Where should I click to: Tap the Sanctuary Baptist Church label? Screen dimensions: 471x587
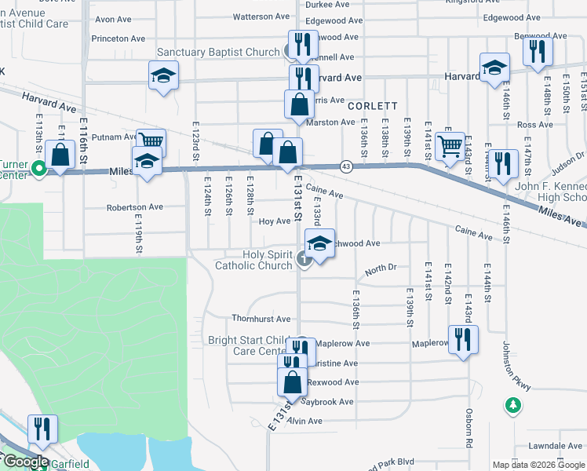218,53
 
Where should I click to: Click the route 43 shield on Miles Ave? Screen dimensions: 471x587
345,166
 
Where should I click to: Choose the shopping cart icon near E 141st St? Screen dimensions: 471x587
450,145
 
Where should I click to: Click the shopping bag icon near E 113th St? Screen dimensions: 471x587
60,154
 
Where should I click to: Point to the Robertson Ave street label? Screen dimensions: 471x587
135,208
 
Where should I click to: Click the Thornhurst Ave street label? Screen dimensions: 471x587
261,319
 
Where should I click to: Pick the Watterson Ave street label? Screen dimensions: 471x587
261,16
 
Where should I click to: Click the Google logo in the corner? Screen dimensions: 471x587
25,462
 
